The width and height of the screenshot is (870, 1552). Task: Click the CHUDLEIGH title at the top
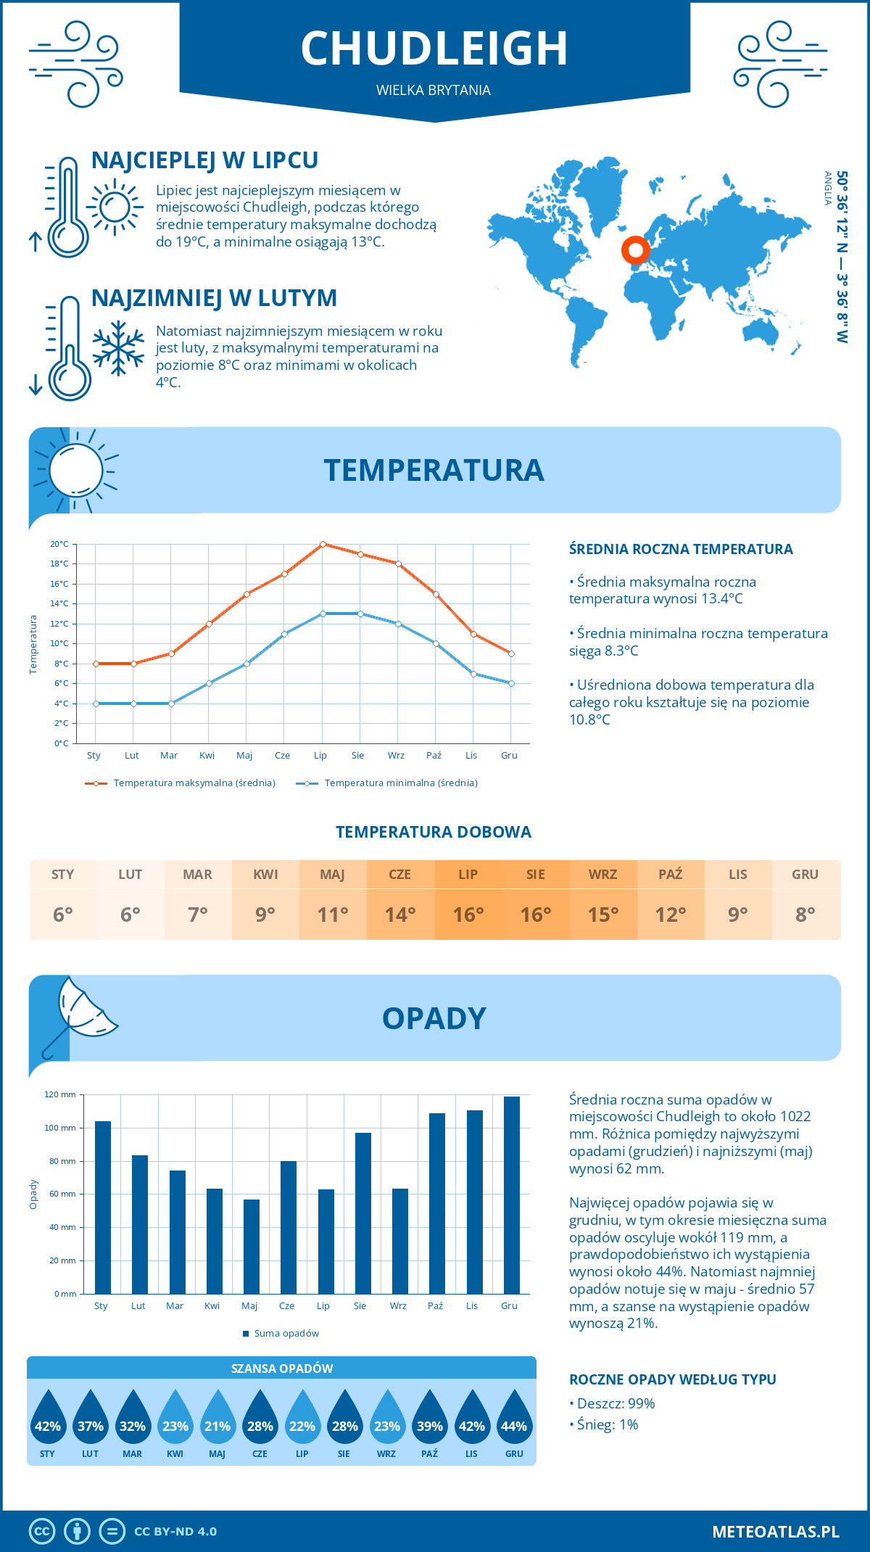coord(434,49)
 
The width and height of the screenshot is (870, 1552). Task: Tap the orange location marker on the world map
coord(636,250)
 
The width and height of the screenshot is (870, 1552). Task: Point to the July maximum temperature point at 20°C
coord(323,544)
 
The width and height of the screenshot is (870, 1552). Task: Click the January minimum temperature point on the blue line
coord(96,703)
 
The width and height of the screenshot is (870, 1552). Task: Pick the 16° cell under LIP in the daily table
coord(468,915)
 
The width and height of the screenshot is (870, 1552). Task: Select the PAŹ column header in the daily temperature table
coord(670,874)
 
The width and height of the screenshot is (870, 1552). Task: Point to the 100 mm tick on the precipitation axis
coord(60,1128)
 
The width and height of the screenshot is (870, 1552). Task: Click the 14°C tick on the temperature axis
coord(59,603)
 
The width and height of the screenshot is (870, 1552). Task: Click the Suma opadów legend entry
coord(286,1334)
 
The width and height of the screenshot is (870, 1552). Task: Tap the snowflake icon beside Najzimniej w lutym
coord(118,348)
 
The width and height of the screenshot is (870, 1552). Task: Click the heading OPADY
coord(434,1018)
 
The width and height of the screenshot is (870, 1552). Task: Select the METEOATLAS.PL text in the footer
coord(775,1532)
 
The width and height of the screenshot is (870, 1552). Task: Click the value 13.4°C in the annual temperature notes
coord(718,599)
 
